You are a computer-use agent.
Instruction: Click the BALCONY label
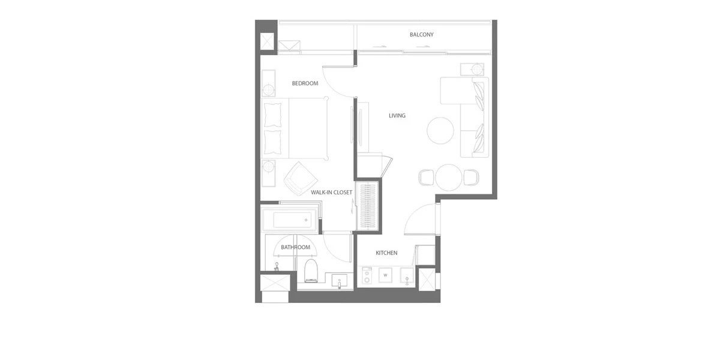coord(421,34)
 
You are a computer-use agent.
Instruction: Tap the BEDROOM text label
coord(305,83)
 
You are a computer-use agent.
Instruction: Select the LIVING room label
coord(397,115)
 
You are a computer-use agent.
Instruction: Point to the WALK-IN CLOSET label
coord(331,192)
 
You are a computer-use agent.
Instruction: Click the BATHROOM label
coord(295,247)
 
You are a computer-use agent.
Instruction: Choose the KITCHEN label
coord(386,253)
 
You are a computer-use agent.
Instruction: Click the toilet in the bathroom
coord(311,271)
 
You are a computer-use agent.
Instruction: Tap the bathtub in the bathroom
coord(290,220)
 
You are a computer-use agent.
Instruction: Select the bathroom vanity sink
coord(339,281)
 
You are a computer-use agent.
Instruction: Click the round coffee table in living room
coord(440,131)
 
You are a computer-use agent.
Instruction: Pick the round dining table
coord(449,178)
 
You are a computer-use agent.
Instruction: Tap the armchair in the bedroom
coord(301,179)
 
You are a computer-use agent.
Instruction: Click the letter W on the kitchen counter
coord(385,275)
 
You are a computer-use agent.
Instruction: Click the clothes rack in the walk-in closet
coord(368,206)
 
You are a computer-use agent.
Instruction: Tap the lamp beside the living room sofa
coord(478,70)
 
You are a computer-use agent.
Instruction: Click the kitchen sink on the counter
coord(407,275)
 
